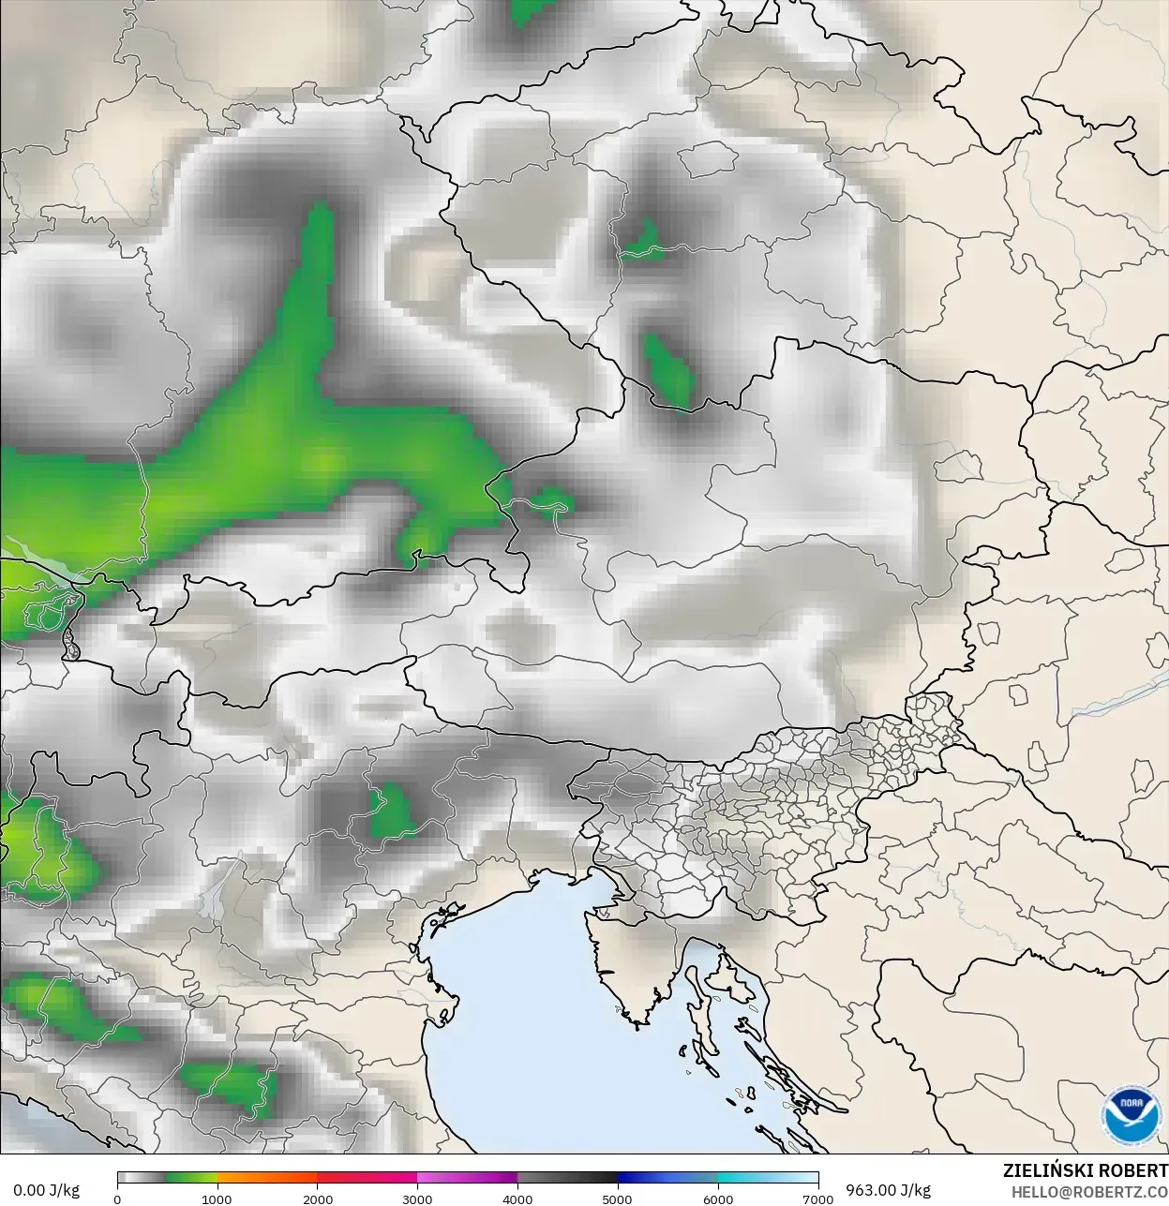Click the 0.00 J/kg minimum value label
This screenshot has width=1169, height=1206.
tap(46, 1190)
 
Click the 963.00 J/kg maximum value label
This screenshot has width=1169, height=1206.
tap(888, 1190)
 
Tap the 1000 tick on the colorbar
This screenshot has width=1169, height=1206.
tap(217, 1199)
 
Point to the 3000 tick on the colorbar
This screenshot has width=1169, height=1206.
tap(417, 1199)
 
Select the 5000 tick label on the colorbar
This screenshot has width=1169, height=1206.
tap(618, 1199)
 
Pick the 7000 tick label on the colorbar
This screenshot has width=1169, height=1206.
tap(817, 1199)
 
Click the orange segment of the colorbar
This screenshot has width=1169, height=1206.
tap(267, 1179)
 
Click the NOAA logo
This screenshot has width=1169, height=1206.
tap(1132, 1116)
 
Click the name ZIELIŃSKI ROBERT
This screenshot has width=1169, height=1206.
tap(1085, 1170)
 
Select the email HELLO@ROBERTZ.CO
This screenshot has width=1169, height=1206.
tap(1088, 1191)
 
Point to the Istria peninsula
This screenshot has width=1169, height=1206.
tap(630, 965)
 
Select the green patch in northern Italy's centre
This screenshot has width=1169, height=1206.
tap(391, 811)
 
